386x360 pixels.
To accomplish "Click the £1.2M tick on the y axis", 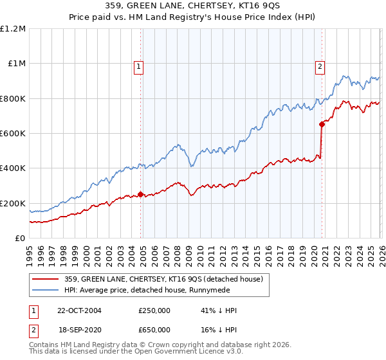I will tap(13, 29).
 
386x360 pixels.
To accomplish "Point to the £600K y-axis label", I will tap(13, 134).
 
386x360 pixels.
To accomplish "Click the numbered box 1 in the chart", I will tap(139, 65).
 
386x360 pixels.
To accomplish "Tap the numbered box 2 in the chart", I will tap(320, 65).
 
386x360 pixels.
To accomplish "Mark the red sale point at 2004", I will tap(141, 194).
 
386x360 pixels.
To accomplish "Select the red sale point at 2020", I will tap(321, 125).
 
